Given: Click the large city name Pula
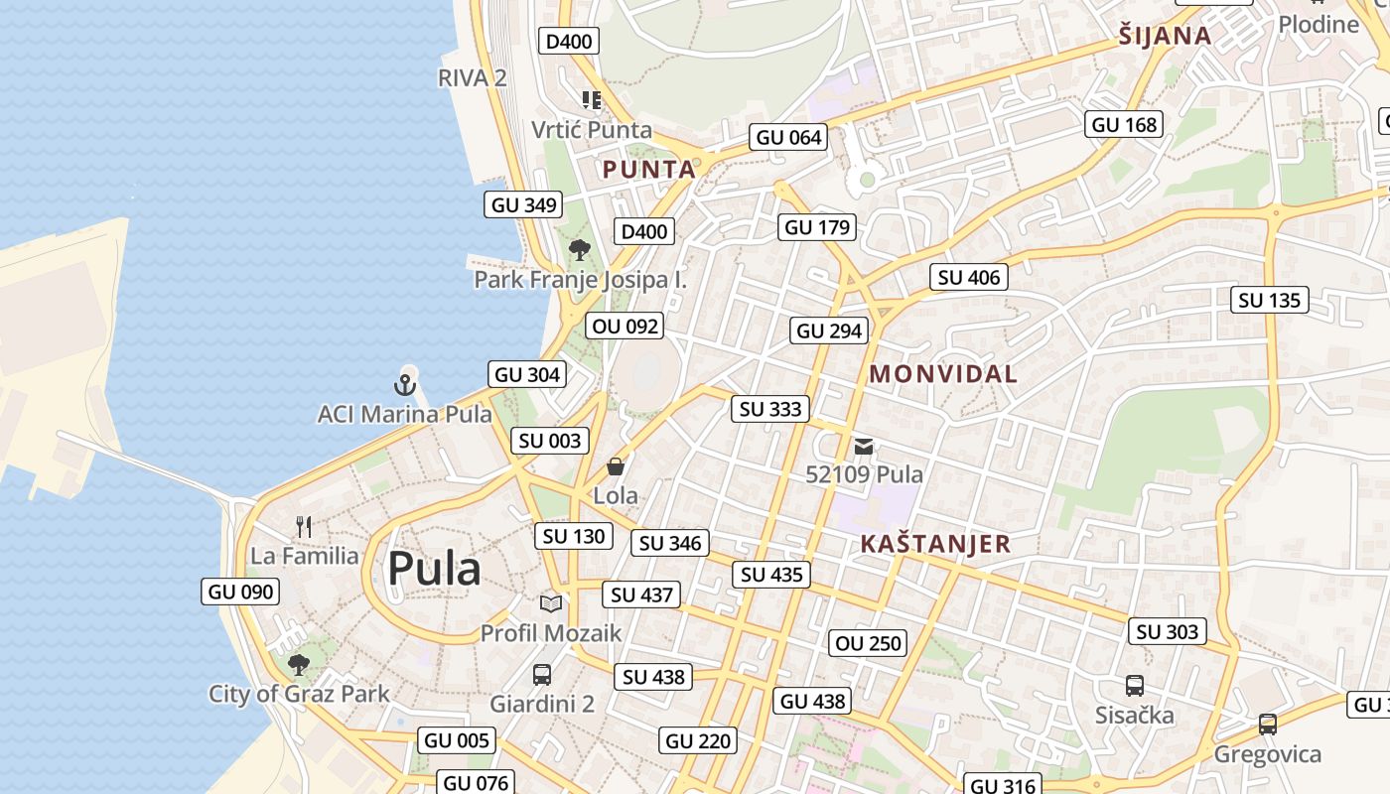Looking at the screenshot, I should point(434,569).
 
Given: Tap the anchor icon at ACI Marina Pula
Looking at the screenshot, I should point(405,383).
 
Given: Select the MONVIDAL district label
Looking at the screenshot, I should point(943,374).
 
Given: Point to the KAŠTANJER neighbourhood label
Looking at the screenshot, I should point(935,544).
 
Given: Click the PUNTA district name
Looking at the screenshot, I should point(649,170).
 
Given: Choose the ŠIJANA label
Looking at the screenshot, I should point(1165,37).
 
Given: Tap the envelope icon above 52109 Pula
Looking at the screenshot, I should point(864,447).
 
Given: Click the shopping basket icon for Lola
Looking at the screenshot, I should point(616,466).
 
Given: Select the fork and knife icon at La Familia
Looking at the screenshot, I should point(304,527).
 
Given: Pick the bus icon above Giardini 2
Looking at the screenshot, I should point(542,675).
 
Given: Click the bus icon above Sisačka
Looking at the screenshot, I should point(1135,686).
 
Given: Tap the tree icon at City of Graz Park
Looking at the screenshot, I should point(298,664).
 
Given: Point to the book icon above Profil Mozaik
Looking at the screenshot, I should point(551,603).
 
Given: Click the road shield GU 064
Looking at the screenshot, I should point(789,138).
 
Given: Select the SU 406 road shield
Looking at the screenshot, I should point(969,278).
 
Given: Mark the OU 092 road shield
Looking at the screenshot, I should point(625,326).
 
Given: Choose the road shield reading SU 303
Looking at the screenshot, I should point(1168,632).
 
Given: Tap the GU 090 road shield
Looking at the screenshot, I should point(240,593).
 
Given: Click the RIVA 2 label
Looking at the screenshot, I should point(473,78).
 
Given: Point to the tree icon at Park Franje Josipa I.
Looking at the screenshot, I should point(580,250).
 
